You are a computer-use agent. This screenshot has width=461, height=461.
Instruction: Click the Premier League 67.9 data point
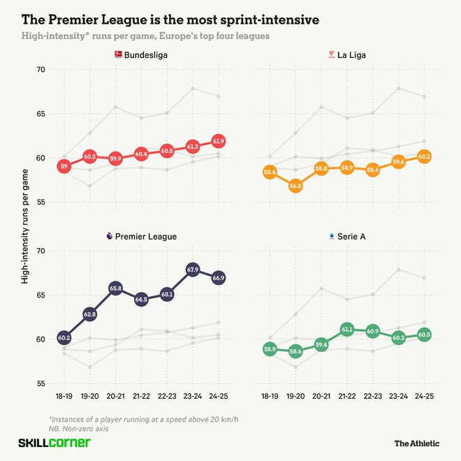point(193,270)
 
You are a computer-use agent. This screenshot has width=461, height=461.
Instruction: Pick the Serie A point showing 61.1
point(348,329)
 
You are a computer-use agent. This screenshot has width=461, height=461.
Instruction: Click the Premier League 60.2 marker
point(64,338)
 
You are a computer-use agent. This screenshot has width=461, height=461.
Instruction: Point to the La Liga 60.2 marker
point(424,156)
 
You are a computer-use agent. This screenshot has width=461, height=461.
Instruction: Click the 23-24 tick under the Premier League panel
point(193,395)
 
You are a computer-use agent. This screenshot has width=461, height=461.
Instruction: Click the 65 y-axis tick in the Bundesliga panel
point(39,114)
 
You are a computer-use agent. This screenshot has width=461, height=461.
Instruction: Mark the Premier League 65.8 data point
point(116,288)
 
